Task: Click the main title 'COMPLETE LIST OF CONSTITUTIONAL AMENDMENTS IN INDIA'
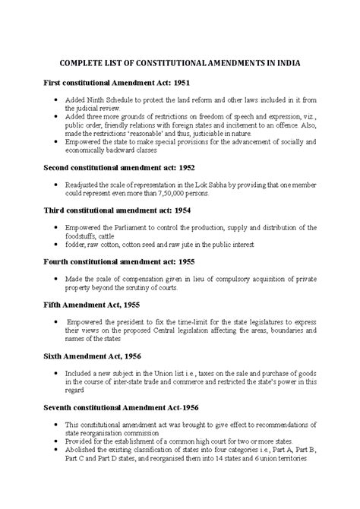click(x=180, y=65)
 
